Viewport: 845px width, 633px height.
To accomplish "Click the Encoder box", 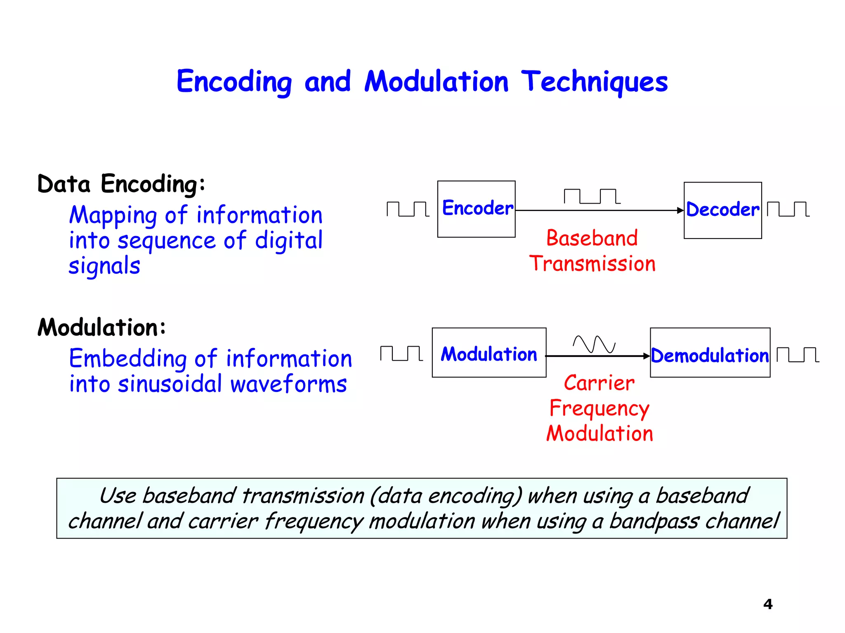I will coord(476,209).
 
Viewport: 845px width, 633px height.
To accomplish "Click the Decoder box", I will coord(722,210).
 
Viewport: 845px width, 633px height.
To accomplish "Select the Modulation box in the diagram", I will coord(489,353).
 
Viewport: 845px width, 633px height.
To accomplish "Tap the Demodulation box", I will coord(710,353).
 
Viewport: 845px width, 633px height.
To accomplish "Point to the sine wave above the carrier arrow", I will coord(594,345).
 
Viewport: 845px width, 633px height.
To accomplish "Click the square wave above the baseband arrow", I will coord(592,197).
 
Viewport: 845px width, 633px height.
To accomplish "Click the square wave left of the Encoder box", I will coord(408,209).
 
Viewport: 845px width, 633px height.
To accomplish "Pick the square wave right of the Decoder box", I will coord(788,209).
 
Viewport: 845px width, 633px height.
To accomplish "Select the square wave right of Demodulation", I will coord(798,355).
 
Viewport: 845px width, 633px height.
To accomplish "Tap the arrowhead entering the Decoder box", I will coord(680,211).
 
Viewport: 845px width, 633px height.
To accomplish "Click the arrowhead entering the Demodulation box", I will coord(647,356).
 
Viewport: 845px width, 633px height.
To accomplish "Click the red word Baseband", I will coord(592,238).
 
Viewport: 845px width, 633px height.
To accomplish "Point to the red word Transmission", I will coord(592,264).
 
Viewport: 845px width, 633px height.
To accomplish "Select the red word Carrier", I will coord(599,383).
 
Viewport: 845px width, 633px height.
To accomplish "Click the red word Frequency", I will coord(599,409).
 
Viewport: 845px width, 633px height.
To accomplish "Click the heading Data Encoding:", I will coord(121,184).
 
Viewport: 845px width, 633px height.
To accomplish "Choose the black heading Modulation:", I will coord(101,328).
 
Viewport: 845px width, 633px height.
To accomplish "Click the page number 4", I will coord(767,604).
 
